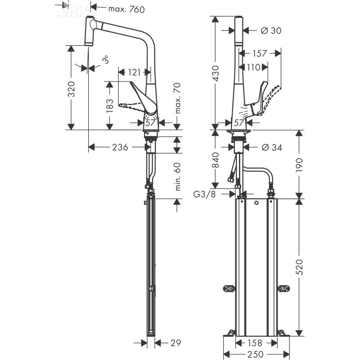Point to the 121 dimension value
point(134,72)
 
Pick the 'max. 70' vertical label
point(177,98)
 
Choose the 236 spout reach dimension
point(120,147)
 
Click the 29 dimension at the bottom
point(175,343)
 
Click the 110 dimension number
point(253,67)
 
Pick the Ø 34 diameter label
point(271,147)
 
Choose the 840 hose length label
point(216,161)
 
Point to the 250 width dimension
point(255,354)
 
